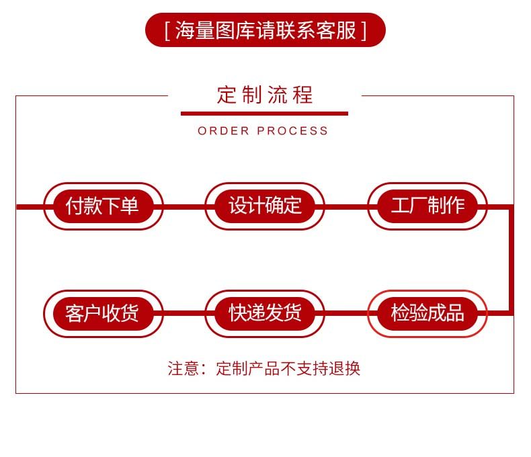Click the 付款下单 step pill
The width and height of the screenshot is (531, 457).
point(103,206)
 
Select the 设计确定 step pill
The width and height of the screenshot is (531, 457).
point(265,206)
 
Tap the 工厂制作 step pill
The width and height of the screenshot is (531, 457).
point(427,206)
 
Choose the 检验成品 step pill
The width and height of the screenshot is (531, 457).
point(427,313)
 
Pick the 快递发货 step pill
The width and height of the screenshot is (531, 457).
point(265,313)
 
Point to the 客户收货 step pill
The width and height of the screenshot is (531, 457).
point(103,313)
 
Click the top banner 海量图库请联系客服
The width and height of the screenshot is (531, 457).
point(265,31)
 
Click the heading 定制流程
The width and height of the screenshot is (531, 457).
point(265,95)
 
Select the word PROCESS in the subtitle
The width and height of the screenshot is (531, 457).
point(293,131)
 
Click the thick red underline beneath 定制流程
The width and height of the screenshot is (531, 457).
point(265,114)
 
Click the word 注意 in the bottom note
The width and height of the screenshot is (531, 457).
point(183,368)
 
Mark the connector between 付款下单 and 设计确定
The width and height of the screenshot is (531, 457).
point(184,206)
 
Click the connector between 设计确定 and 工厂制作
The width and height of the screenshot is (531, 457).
point(346,206)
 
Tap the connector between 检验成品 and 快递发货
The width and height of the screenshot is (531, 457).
point(346,313)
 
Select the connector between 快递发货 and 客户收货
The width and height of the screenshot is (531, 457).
point(184,313)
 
